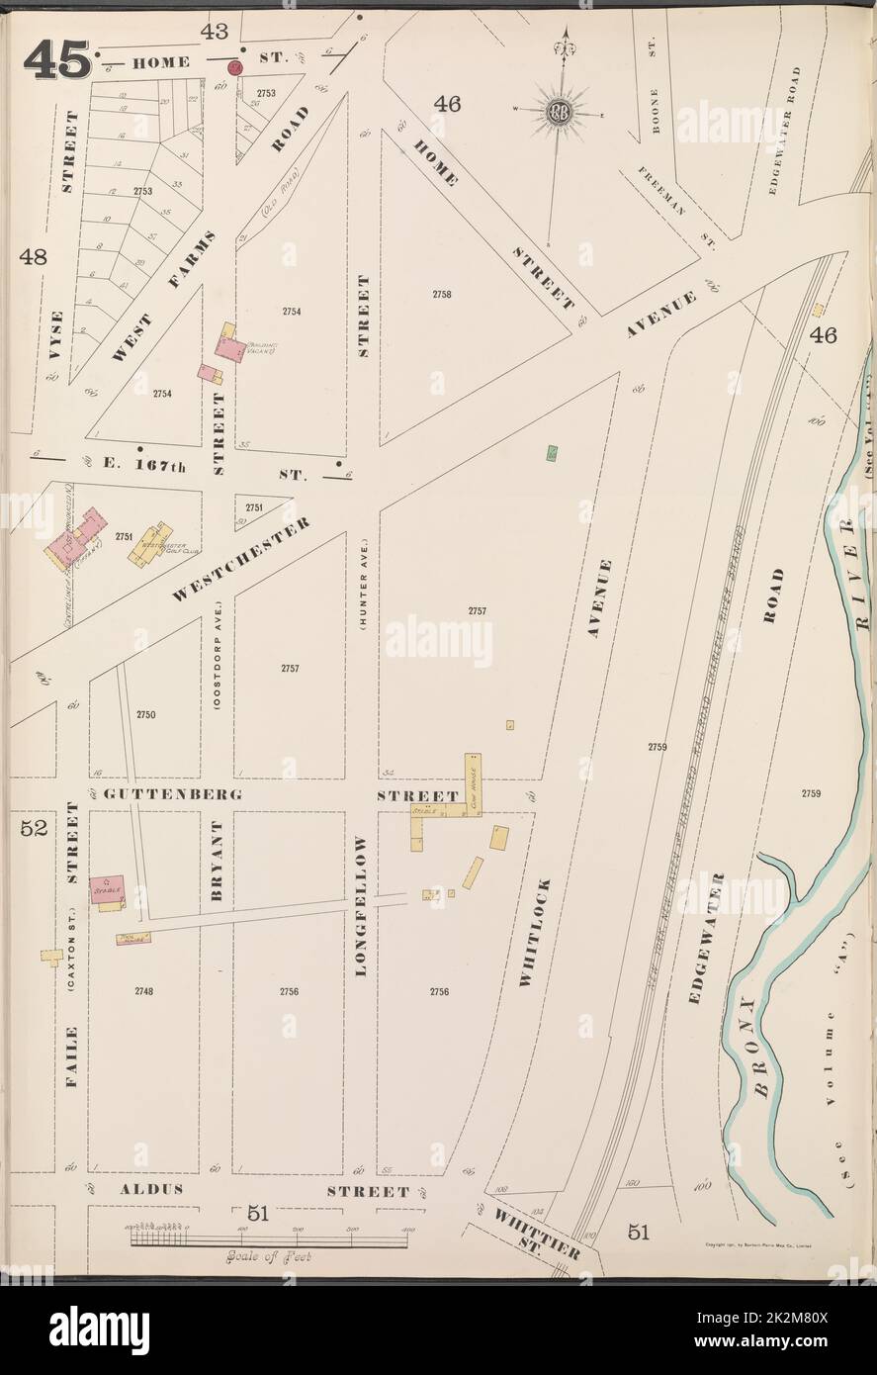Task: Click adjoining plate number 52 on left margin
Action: (35, 829)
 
